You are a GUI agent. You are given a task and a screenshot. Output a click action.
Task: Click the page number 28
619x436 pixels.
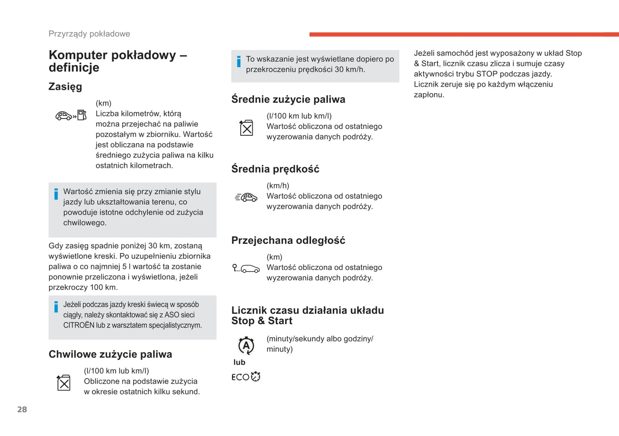point(22,409)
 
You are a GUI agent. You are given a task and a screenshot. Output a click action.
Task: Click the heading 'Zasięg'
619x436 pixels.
point(65,86)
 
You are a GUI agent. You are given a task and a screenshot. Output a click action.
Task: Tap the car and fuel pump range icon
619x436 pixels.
point(71,116)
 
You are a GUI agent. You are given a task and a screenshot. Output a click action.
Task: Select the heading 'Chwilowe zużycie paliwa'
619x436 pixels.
point(110,354)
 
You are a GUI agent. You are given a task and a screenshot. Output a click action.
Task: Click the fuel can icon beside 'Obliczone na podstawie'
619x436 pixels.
point(63,383)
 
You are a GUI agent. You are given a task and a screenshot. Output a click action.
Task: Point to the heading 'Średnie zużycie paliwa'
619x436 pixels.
point(288,99)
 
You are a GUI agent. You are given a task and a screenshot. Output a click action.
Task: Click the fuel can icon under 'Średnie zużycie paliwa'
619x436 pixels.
point(246,128)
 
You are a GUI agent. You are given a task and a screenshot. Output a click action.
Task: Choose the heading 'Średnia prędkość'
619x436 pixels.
point(275,169)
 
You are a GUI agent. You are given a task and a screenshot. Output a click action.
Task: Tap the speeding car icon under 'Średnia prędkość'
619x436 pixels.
point(246,197)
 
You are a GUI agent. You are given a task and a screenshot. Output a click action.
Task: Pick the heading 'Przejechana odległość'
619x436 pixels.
point(288,240)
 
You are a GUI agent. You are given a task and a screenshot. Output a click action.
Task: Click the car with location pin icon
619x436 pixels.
point(246,268)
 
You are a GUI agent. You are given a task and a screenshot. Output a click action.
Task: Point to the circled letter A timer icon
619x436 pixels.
point(246,345)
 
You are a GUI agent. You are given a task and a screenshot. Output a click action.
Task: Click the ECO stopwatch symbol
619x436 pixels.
point(246,377)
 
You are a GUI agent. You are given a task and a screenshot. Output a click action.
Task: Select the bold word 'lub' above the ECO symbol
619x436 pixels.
point(239,362)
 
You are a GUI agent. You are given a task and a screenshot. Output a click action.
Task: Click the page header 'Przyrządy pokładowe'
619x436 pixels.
point(89,34)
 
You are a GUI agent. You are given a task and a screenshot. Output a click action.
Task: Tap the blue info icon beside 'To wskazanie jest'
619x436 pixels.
point(239,62)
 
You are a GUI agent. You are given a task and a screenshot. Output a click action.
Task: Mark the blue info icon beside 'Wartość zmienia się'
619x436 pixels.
point(56,194)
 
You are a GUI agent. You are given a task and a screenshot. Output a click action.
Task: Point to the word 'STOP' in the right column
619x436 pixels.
point(487,74)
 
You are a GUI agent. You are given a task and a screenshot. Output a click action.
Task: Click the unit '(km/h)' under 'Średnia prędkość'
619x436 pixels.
point(278,186)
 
